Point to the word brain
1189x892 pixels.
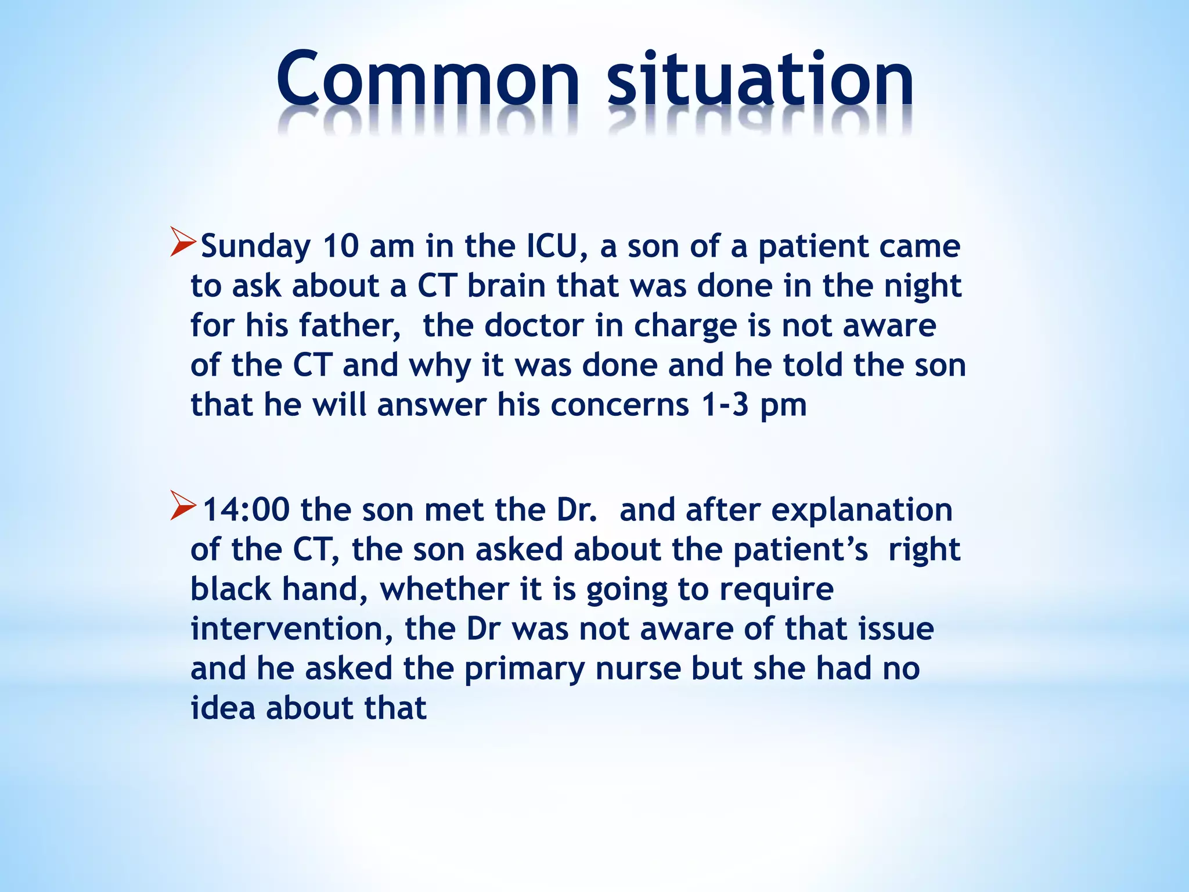(x=506, y=286)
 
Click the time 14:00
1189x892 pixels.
(x=246, y=510)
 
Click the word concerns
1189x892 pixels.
(x=619, y=405)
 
